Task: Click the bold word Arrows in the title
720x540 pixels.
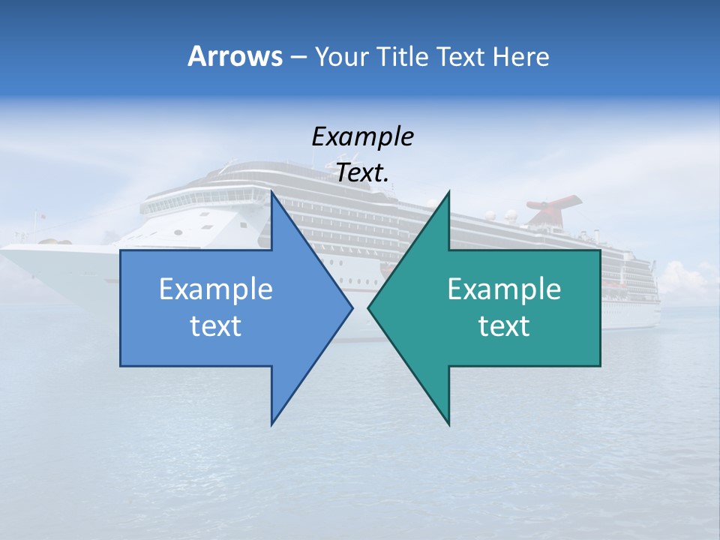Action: pos(235,56)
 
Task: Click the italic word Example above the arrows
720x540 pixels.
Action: pos(362,136)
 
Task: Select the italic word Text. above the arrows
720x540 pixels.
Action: pos(362,173)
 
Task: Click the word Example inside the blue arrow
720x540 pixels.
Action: pos(216,289)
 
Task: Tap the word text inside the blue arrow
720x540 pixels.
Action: pos(216,326)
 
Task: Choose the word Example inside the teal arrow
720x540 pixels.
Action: pos(504,289)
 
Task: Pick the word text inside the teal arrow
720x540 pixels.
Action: pos(504,326)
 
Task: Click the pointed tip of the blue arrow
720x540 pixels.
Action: pos(352,307)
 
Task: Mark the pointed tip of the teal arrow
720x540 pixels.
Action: pos(368,307)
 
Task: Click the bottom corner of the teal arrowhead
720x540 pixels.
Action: pos(448,424)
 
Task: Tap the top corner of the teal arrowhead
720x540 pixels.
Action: pos(448,192)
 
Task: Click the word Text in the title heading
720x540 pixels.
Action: pos(460,56)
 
